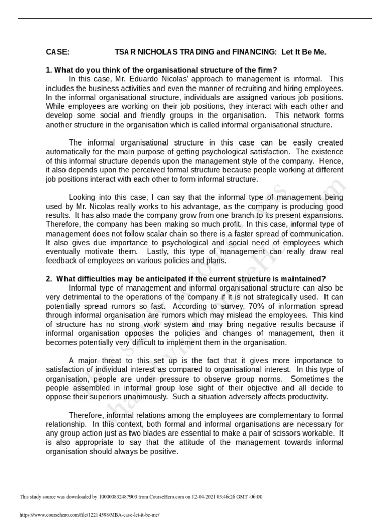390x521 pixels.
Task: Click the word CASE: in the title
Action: pos(57,52)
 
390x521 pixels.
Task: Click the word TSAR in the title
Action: pos(125,52)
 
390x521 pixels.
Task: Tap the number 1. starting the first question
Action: pos(49,70)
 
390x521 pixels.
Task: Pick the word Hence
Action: pos(332,161)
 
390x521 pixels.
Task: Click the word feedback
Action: pos(62,261)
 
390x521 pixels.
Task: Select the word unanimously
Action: pos(151,397)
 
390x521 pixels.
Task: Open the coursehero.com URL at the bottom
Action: pos(89,514)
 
